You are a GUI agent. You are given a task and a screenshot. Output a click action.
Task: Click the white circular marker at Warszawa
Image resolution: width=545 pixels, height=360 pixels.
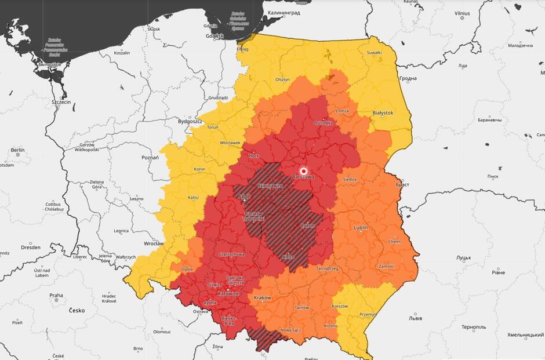pos(303,171)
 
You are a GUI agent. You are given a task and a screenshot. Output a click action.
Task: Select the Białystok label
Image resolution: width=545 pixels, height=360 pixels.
pos(383,112)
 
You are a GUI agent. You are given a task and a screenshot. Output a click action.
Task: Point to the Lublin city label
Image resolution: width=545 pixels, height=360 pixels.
pos(361,228)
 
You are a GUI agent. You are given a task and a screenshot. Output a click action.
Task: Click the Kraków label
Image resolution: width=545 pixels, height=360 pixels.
pos(262,297)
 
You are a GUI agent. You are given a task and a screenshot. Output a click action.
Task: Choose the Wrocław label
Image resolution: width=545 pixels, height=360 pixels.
pos(154,244)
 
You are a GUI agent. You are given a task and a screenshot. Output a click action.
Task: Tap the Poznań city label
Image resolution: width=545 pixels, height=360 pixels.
pos(150,157)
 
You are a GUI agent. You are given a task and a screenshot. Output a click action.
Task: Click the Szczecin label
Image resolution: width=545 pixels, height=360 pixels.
pos(61,101)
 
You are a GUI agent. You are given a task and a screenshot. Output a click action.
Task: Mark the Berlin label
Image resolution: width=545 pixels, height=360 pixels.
pos(17,150)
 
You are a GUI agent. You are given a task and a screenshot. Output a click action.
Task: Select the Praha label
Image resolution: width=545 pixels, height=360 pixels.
pos(56,295)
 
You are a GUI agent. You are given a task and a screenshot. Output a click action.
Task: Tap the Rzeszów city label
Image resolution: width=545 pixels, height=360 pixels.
pos(340,306)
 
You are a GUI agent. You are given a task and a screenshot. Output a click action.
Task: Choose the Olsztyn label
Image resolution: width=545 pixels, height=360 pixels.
pos(282,79)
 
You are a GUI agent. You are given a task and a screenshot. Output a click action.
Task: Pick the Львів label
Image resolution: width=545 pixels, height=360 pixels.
pos(415,318)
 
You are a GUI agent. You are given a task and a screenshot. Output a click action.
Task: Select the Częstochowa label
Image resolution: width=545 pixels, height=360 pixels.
pos(231,254)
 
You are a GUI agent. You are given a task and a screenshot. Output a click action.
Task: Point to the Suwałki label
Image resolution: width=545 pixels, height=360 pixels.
pos(374,53)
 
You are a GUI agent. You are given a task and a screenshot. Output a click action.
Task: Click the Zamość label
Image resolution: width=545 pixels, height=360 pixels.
pos(386,266)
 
